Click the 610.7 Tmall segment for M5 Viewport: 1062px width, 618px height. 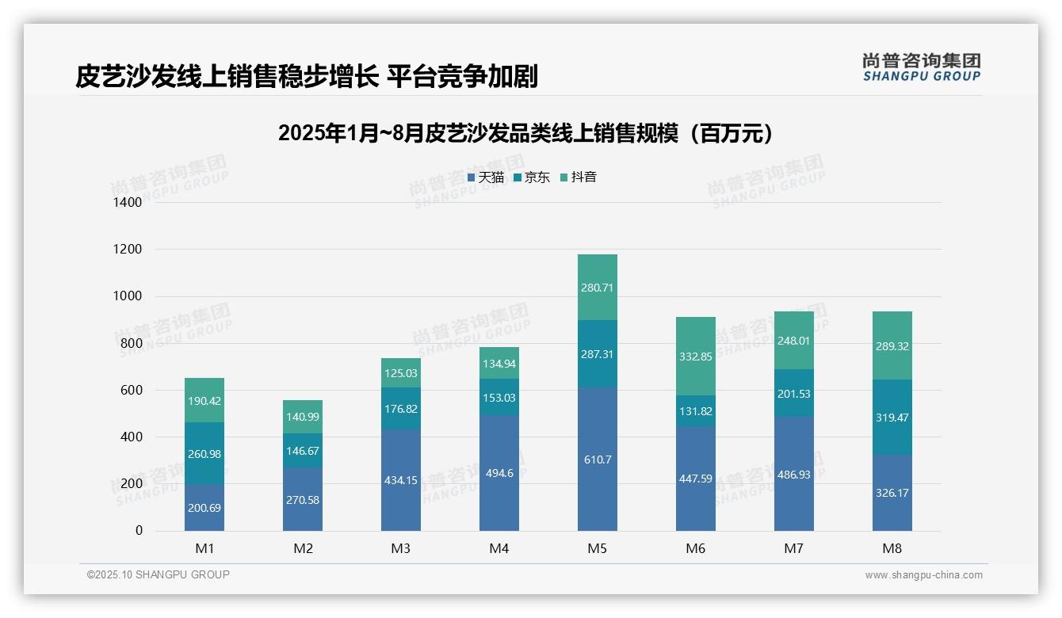(598, 460)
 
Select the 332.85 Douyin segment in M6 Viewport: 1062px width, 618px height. (696, 357)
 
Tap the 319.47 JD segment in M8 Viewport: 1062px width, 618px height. (892, 417)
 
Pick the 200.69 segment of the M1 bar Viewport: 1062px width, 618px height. (204, 507)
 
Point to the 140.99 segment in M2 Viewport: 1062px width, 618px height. (303, 417)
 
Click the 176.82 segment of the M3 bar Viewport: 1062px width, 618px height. (401, 409)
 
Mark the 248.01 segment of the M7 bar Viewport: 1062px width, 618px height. (794, 341)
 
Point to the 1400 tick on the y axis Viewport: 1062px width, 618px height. (127, 203)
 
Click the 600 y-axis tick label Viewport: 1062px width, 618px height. (132, 391)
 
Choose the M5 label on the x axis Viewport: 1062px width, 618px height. (598, 548)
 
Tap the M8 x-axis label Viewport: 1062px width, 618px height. (892, 548)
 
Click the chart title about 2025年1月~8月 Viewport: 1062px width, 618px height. (525, 134)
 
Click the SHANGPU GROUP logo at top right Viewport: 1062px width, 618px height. (921, 67)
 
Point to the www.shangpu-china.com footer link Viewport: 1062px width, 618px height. (923, 575)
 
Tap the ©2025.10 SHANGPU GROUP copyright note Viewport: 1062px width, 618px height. (159, 575)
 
